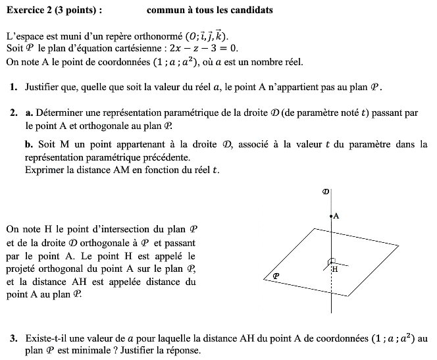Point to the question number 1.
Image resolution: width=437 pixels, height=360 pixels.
pos(14,87)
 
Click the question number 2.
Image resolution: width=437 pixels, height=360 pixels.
pos(14,113)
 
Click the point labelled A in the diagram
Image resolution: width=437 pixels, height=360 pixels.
pos(332,216)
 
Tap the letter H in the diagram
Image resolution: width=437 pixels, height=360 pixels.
pos(335,269)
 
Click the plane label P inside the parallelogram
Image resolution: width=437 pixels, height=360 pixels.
pos(276,276)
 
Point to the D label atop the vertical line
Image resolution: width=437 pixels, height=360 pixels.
pos(325,192)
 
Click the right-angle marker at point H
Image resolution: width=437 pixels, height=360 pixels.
pos(333,261)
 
